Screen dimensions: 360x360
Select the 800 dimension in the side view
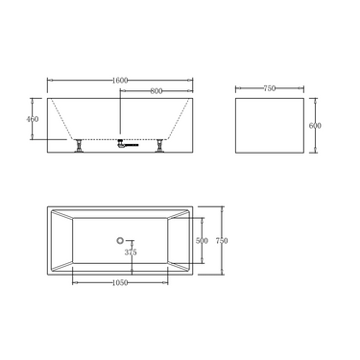point(156,91)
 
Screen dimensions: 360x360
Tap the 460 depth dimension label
point(34,119)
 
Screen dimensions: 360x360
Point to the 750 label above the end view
point(269,88)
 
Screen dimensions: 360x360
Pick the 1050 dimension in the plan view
point(120,283)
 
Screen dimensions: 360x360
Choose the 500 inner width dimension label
point(201,241)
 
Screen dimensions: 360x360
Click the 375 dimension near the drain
point(131,252)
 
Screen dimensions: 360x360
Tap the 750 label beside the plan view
point(222,240)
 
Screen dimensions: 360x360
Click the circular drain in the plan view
point(120,240)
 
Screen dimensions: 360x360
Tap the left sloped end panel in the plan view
point(60,240)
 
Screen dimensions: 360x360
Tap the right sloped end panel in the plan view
point(180,240)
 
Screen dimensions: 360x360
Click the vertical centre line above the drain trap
point(120,115)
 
